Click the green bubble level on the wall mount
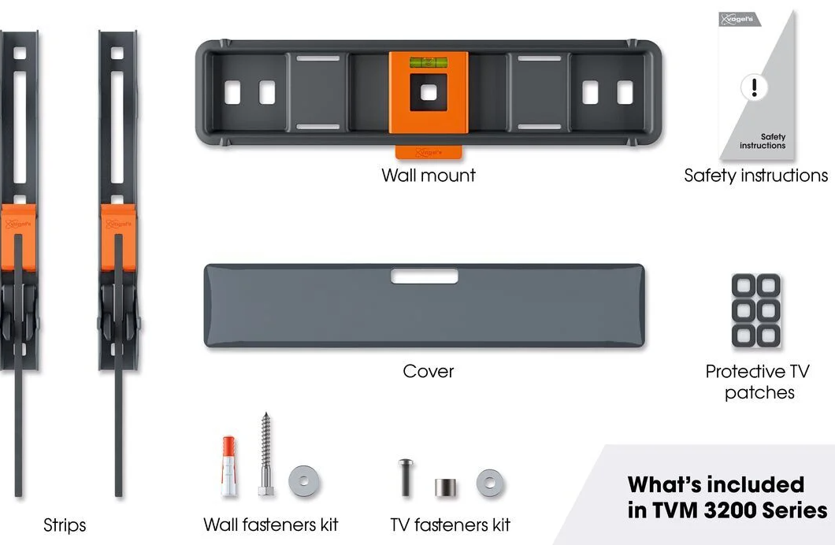click(429, 63)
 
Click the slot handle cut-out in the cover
click(425, 276)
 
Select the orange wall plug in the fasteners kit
click(229, 465)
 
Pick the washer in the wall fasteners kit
click(304, 482)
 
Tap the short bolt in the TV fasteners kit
click(406, 477)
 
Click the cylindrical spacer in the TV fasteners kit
click(445, 488)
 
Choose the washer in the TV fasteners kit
click(491, 484)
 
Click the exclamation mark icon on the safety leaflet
click(754, 87)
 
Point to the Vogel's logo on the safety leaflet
click(739, 19)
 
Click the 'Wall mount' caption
click(429, 175)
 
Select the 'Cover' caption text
click(429, 371)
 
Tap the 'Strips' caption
click(65, 525)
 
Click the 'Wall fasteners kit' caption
click(270, 525)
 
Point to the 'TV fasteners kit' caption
click(450, 525)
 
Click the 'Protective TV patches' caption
click(758, 382)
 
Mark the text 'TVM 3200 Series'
click(740, 510)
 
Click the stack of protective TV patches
click(755, 310)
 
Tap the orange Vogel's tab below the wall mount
click(429, 152)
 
